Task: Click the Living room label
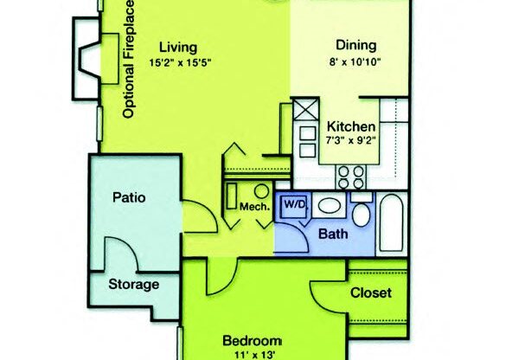[180, 47]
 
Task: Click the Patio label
[130, 197]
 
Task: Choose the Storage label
[133, 284]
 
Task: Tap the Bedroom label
[252, 339]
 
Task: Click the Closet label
[371, 292]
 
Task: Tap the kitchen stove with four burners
[349, 174]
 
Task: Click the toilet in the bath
[362, 212]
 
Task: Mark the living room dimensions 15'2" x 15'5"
[180, 61]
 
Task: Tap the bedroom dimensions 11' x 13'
[252, 353]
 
